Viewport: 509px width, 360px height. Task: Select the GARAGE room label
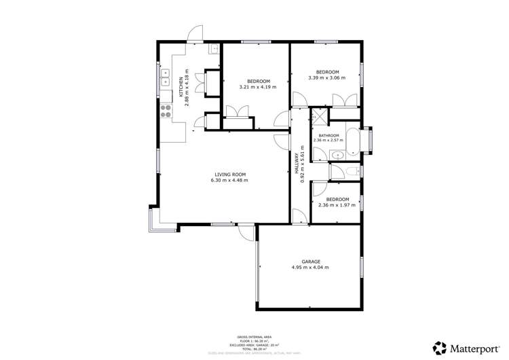point(311,262)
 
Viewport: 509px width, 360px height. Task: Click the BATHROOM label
point(328,135)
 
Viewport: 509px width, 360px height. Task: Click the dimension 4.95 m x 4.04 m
point(311,268)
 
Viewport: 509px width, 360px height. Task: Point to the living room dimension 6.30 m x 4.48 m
point(229,181)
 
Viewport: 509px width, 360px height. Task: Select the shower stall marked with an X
point(318,117)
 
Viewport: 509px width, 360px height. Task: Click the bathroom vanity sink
point(337,156)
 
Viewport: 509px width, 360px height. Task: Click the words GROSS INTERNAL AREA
point(254,336)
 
